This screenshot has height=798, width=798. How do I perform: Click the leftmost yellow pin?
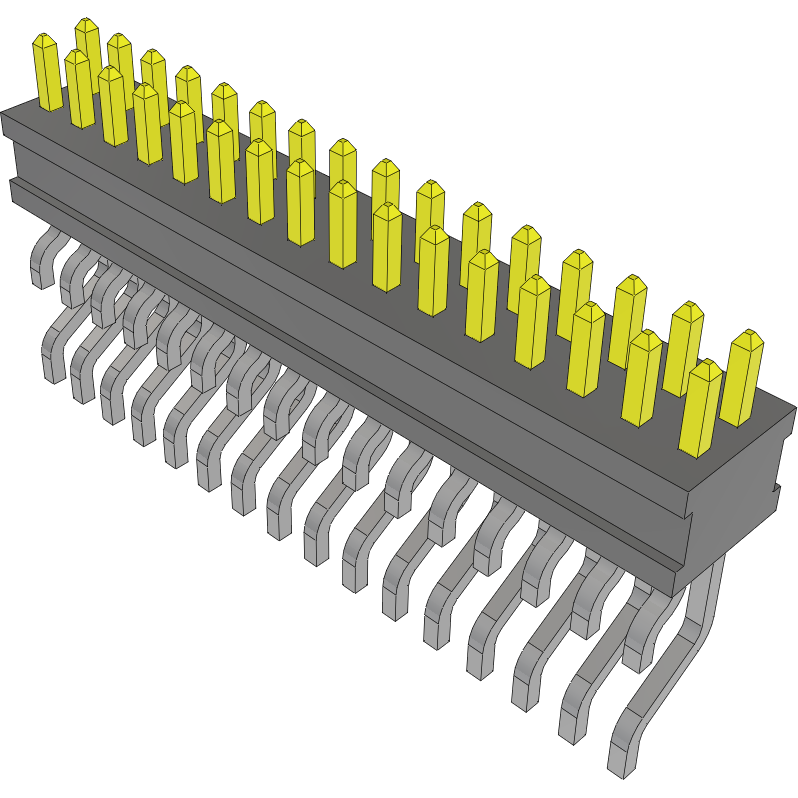46,72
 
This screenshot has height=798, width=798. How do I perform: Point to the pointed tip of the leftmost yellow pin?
45,37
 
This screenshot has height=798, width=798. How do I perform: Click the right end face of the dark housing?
740,490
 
